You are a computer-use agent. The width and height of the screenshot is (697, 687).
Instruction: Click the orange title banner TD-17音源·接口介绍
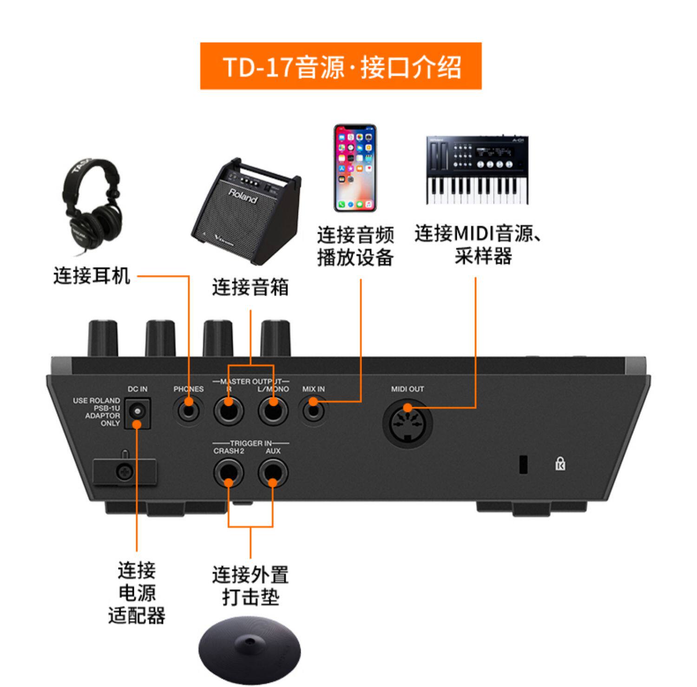pyautogui.click(x=341, y=66)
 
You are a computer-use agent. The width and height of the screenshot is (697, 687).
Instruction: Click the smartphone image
pyautogui.click(x=355, y=168)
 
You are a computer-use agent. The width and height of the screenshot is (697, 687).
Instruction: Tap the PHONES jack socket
pyautogui.click(x=189, y=410)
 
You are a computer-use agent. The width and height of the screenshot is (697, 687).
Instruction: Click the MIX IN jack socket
pyautogui.click(x=314, y=410)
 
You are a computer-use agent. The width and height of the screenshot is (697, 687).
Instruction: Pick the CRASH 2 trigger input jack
pyautogui.click(x=229, y=473)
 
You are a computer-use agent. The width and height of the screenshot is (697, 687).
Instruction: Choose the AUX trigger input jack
pyautogui.click(x=273, y=473)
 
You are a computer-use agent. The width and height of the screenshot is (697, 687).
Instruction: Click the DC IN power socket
pyautogui.click(x=137, y=412)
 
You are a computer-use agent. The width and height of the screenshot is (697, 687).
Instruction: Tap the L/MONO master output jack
pyautogui.click(x=273, y=410)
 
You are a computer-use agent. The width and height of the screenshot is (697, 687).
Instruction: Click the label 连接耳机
pyautogui.click(x=92, y=275)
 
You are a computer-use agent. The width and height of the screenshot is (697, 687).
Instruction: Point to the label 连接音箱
pyautogui.click(x=250, y=287)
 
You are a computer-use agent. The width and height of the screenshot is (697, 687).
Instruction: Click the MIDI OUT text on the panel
pyautogui.click(x=408, y=389)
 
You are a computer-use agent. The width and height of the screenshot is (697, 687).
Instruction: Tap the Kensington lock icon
pyautogui.click(x=560, y=463)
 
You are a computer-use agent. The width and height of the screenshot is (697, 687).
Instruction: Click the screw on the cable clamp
pyautogui.click(x=124, y=473)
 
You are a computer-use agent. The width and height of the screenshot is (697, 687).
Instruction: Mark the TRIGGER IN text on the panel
pyautogui.click(x=251, y=443)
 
